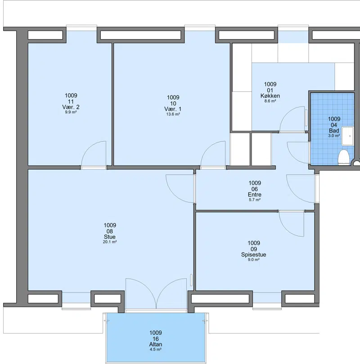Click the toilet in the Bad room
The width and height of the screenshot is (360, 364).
point(344,157)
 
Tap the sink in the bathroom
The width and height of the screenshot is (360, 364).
point(348,136)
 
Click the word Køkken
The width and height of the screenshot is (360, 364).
point(270,96)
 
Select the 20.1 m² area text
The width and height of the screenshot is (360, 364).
point(109,242)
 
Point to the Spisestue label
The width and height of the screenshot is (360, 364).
point(253,254)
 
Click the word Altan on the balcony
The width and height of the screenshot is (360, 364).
point(156,344)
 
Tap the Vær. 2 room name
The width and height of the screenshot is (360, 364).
point(71,107)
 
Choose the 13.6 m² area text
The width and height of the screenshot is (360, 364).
point(173,114)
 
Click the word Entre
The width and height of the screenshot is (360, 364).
point(254,194)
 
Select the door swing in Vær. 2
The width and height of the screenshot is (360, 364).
point(94,154)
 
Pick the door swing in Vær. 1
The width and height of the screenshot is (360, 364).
point(213,154)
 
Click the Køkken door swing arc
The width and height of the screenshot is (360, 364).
point(292,119)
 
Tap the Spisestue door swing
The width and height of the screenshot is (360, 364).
point(292,224)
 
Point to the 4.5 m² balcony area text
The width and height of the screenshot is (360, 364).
point(156,349)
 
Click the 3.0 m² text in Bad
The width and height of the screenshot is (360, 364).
point(334,136)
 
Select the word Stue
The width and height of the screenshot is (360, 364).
point(109,237)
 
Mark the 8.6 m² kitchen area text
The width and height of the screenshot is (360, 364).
point(270,101)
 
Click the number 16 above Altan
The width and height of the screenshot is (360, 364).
point(156,339)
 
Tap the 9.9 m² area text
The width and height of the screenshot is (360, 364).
point(71,112)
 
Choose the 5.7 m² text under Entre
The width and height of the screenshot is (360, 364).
point(254,200)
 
